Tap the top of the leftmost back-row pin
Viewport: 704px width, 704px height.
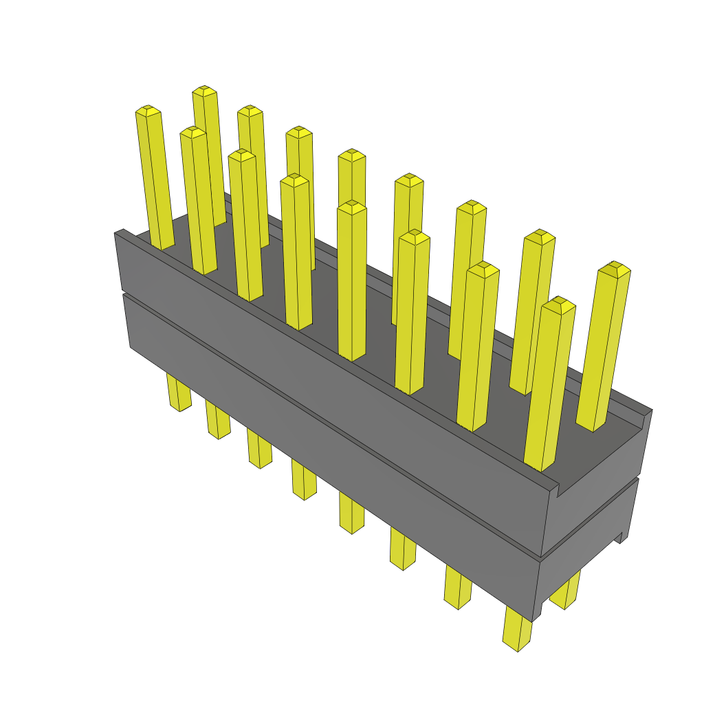[204, 91]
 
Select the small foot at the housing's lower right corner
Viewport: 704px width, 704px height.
[622, 536]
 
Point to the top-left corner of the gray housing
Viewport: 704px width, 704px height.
[117, 234]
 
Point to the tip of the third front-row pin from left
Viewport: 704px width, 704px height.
[242, 155]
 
